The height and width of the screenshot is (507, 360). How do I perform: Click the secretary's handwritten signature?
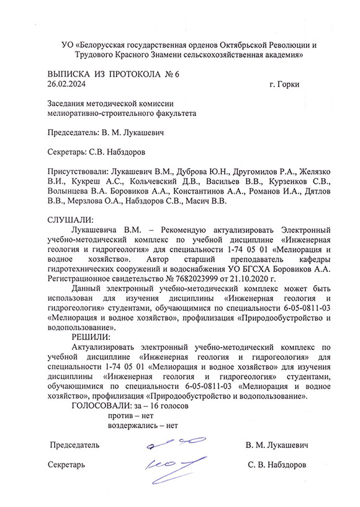(166, 463)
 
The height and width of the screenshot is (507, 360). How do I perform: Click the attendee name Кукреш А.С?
(87, 181)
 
